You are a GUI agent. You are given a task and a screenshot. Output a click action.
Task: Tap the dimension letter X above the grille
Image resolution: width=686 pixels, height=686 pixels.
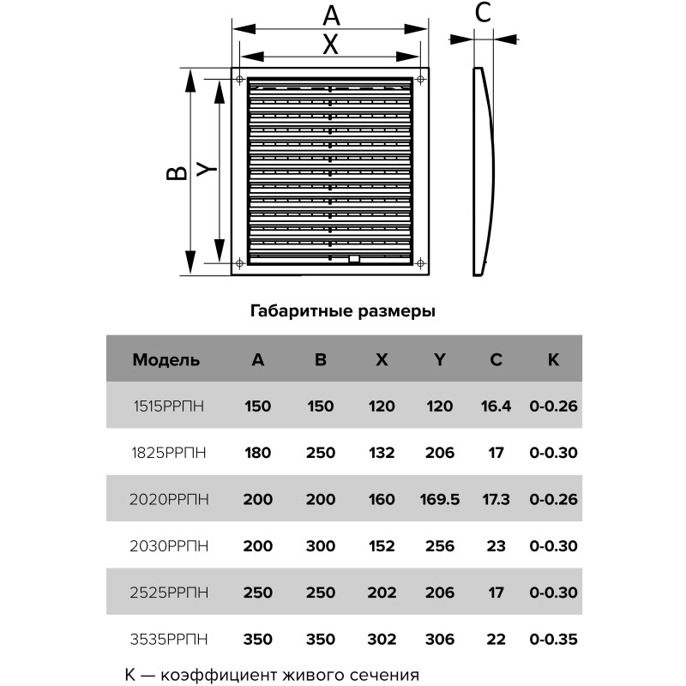tap(331, 44)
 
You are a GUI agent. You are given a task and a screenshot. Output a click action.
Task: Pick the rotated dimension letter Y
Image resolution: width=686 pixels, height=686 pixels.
tap(207, 170)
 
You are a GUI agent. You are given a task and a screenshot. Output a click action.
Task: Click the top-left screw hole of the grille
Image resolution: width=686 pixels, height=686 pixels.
tap(239, 81)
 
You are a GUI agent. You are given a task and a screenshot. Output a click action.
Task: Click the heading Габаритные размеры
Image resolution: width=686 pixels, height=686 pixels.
tap(343, 311)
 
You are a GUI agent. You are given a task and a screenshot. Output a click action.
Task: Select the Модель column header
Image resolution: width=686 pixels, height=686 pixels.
tap(166, 360)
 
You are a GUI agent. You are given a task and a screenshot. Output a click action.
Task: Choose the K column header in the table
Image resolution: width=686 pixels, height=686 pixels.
tap(553, 360)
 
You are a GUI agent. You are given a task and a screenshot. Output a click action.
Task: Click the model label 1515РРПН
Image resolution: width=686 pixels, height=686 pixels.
tap(170, 406)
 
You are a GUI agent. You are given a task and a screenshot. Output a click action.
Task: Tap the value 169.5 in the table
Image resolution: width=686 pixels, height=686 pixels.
tap(439, 499)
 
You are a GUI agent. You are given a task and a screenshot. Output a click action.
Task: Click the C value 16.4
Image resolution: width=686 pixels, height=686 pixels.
tap(496, 406)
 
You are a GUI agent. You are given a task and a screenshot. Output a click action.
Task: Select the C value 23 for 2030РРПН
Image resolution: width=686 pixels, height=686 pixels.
tap(496, 545)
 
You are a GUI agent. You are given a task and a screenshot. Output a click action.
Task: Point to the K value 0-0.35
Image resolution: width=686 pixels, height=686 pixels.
tap(554, 639)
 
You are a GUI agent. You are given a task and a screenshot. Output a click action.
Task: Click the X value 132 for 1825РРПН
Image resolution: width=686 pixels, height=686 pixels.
tap(382, 452)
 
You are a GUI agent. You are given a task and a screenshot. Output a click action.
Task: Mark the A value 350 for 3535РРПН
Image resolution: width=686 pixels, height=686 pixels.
tap(257, 639)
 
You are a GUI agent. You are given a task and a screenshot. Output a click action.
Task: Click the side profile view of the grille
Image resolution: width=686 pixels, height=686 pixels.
tap(483, 171)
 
